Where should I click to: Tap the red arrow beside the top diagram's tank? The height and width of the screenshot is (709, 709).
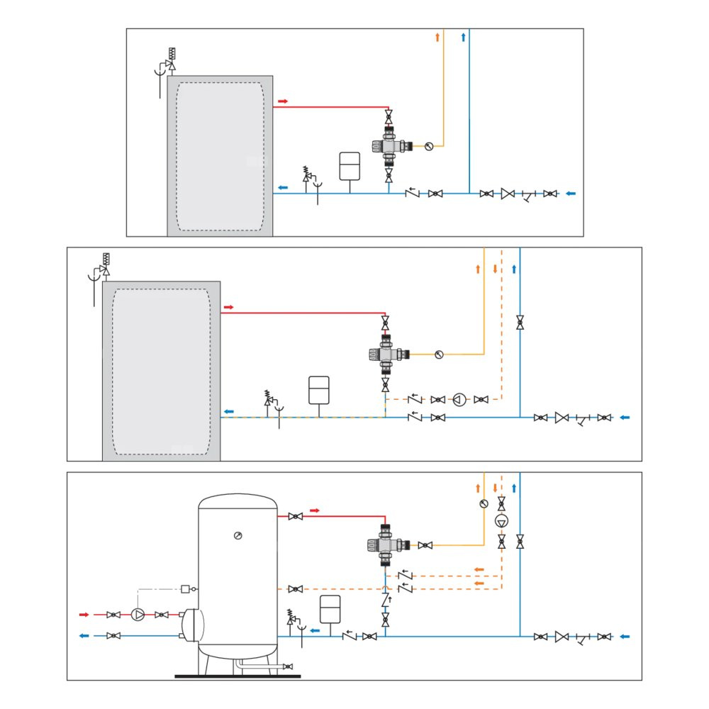coord(282,101)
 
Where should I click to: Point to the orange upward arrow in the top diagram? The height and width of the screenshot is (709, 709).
coord(437,37)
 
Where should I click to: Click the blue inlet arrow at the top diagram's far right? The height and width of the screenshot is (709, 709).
coord(571,193)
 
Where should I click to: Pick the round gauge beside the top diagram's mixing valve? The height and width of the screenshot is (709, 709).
coord(428,147)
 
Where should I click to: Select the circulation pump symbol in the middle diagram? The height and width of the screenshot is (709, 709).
coord(459,400)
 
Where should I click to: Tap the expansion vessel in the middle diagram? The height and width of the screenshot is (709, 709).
coord(319,389)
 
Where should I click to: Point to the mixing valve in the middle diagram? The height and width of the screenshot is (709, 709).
coord(386,352)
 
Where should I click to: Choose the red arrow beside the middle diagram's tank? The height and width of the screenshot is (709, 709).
coord(228,307)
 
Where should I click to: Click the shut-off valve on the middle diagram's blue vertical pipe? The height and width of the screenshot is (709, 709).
coord(520,322)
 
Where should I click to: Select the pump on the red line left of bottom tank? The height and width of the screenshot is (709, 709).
coord(138,614)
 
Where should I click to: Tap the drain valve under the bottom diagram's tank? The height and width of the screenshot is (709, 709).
coord(286,666)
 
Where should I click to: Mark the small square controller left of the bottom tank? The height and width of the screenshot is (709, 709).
coord(186,588)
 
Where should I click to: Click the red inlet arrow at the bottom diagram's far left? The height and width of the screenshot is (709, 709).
coord(84,614)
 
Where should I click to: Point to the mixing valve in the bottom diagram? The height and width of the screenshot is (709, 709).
coord(386,545)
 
